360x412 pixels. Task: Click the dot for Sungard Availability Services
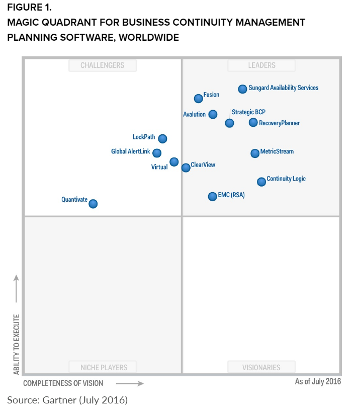[x=242, y=89]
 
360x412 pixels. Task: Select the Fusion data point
[x=199, y=99]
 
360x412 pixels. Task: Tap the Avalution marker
[x=213, y=114]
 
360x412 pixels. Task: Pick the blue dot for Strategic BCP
[x=229, y=123]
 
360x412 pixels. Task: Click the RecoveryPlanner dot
[x=253, y=122]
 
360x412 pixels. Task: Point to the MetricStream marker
[x=255, y=153]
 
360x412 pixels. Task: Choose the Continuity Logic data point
[x=261, y=182]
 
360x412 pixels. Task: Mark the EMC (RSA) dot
[x=212, y=196]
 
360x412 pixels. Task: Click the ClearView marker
[x=186, y=168]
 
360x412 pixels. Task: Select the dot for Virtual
[x=174, y=161]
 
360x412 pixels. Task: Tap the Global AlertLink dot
[x=157, y=153]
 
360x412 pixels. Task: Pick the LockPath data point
[x=162, y=138]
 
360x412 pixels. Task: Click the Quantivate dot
[x=93, y=204]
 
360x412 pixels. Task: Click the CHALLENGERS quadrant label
[x=103, y=65]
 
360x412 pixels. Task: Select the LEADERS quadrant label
[x=261, y=65]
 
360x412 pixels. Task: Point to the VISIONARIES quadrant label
[x=261, y=367]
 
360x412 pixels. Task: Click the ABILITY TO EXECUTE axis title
[x=17, y=344]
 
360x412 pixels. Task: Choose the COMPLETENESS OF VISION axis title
[x=63, y=383]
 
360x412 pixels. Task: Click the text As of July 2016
[x=318, y=381]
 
